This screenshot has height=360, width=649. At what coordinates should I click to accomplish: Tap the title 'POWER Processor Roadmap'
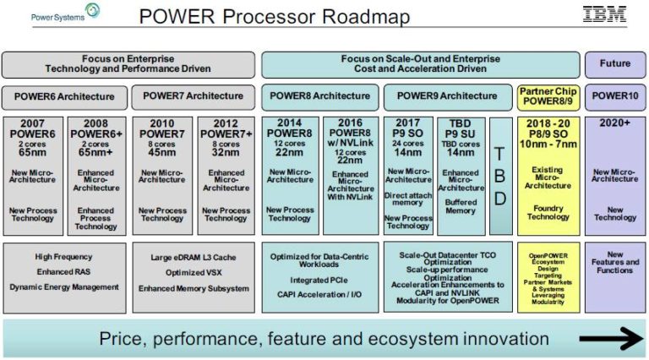[274, 16]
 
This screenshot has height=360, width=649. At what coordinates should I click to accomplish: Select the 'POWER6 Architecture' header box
[64, 96]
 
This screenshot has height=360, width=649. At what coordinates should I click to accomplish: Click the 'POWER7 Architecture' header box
[193, 96]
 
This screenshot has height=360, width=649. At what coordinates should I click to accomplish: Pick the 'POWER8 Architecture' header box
[320, 96]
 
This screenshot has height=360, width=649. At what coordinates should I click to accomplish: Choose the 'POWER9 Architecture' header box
[447, 96]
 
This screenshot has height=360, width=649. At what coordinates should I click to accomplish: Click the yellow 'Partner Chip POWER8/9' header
[548, 96]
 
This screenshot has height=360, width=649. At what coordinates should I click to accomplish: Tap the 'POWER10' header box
[614, 96]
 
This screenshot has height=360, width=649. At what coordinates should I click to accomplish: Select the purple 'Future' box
[614, 64]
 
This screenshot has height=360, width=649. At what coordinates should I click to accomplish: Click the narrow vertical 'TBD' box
[499, 176]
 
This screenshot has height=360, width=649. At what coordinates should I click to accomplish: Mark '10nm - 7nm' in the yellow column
[548, 145]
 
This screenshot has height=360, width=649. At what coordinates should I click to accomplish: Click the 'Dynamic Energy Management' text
[64, 287]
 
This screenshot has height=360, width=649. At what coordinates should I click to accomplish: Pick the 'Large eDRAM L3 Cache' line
[193, 258]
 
